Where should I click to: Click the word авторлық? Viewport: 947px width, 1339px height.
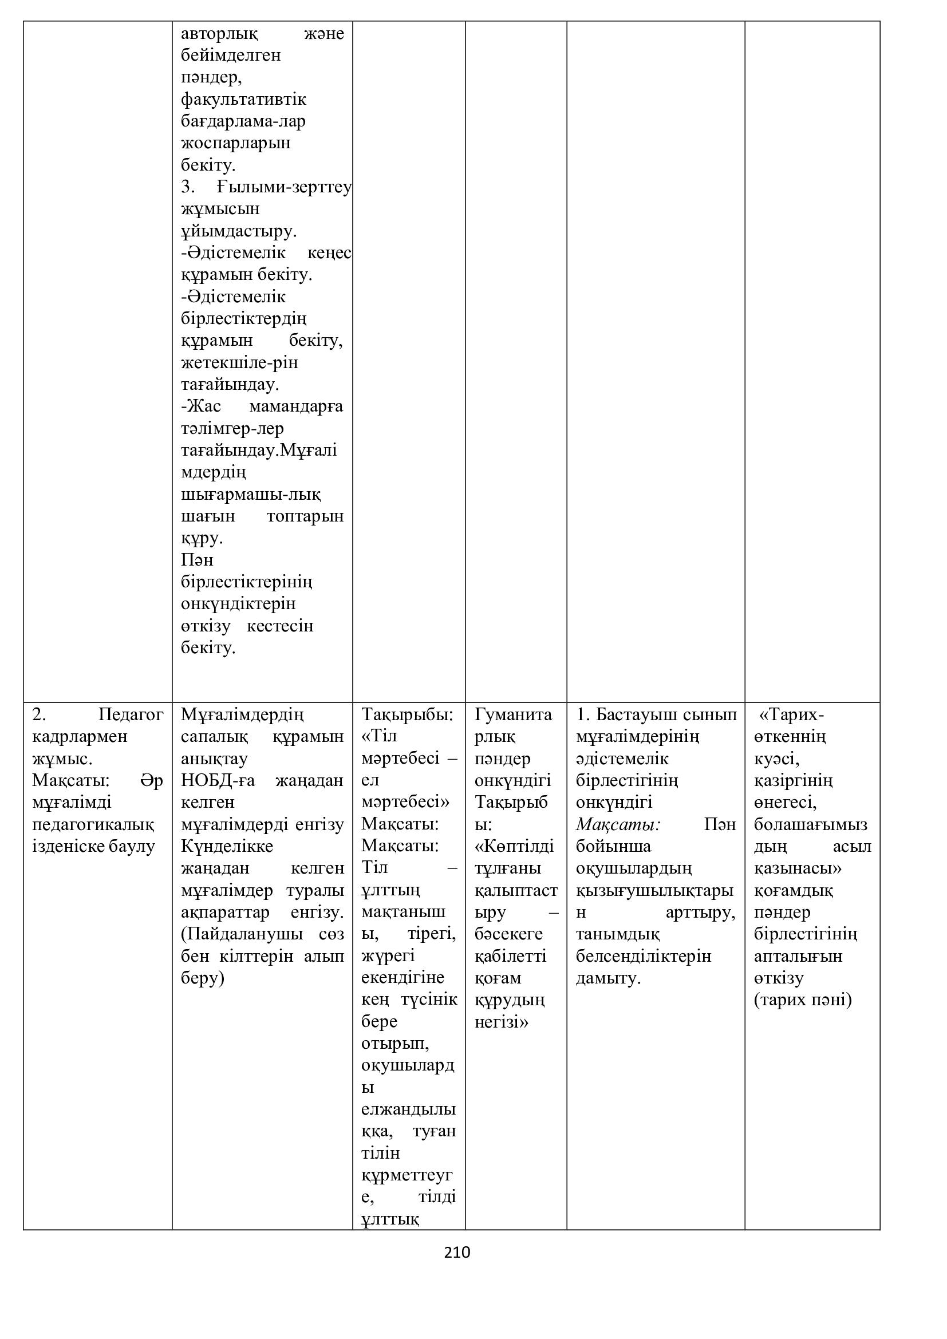coord(219,33)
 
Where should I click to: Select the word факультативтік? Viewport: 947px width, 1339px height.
coord(243,99)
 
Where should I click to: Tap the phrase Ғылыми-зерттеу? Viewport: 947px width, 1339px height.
coord(284,187)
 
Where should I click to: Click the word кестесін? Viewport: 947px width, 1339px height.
coord(280,626)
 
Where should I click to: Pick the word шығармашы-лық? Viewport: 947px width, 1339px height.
coord(251,495)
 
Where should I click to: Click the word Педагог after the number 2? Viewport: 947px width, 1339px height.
coord(131,714)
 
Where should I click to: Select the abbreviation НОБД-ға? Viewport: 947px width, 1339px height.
coord(218,780)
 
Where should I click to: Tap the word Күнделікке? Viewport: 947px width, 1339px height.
coord(227,846)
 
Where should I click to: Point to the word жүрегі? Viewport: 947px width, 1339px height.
coord(388,956)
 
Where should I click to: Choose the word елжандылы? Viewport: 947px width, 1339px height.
coord(408,1109)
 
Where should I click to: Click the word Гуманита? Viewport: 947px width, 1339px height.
coord(513,714)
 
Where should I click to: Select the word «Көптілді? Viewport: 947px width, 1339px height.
coord(514,846)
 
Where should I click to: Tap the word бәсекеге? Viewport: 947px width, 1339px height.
coord(508,934)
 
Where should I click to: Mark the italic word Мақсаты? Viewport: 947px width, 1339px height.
coord(618,824)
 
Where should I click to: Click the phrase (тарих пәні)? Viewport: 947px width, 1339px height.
coord(802,1000)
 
